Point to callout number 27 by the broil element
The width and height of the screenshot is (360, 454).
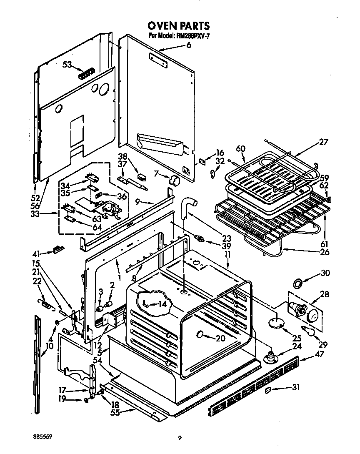click(323, 142)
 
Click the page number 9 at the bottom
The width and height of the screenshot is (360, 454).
click(180, 438)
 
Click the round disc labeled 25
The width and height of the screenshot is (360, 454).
click(273, 322)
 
